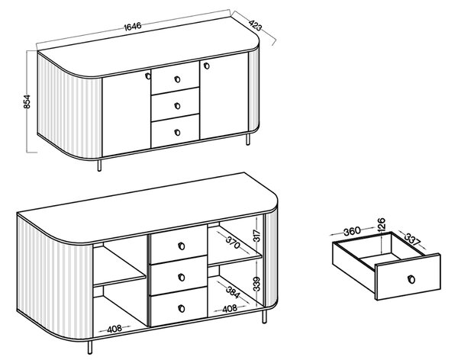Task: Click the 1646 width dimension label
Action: (133, 26)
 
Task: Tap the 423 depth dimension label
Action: (255, 25)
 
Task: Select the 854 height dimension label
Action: (27, 101)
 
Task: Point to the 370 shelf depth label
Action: (233, 242)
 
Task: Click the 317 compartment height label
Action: (256, 236)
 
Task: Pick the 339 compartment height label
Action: (256, 284)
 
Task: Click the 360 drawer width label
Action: (352, 231)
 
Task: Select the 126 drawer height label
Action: (382, 224)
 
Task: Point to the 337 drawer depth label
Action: (412, 239)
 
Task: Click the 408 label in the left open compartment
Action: (114, 329)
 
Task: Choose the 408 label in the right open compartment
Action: (230, 309)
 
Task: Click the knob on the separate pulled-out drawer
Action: (411, 279)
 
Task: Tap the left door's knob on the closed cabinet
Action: (148, 76)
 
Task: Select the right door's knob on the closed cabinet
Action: (207, 66)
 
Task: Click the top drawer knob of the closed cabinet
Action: (177, 79)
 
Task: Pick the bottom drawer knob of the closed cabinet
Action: (177, 132)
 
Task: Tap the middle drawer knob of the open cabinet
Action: (182, 277)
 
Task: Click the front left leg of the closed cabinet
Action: (99, 166)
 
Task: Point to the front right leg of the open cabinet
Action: (264, 317)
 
